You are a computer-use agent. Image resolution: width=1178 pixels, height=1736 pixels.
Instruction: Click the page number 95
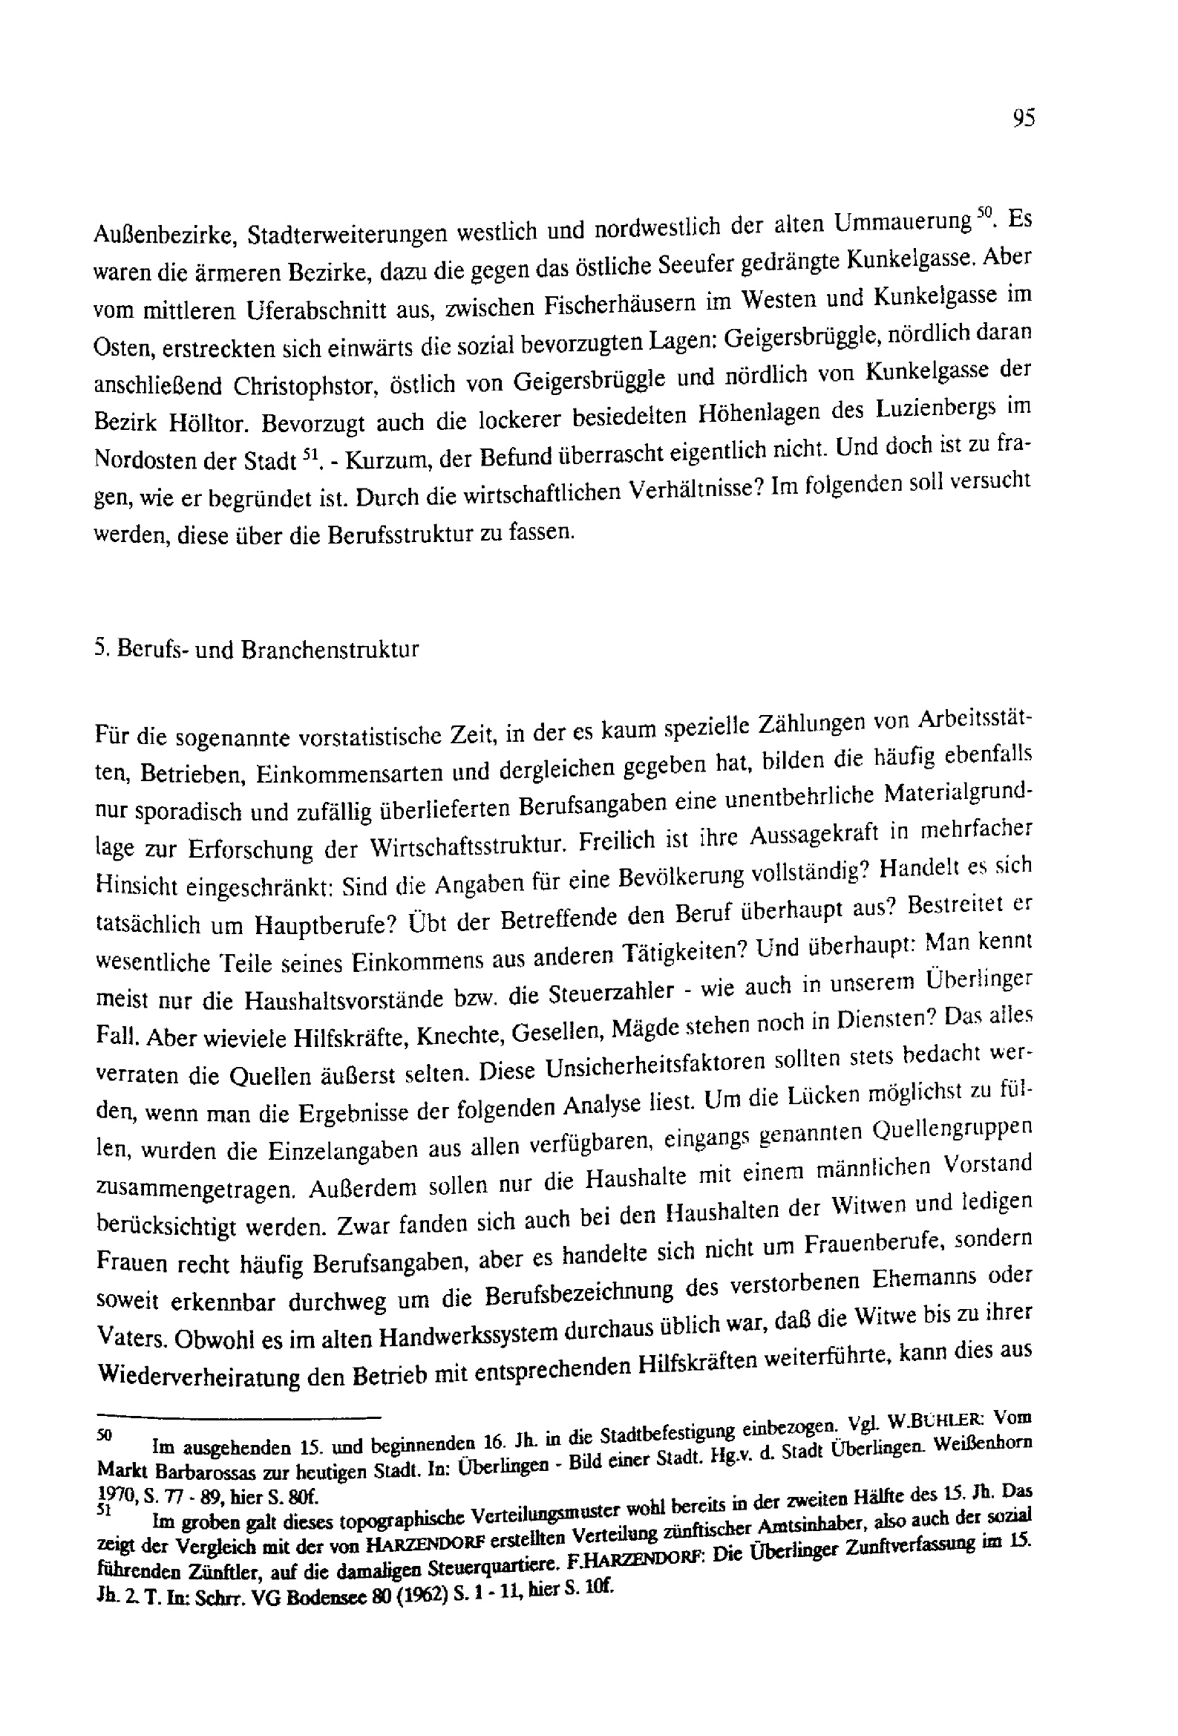point(1023,118)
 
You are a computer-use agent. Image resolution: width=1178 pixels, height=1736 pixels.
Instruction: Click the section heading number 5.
point(102,647)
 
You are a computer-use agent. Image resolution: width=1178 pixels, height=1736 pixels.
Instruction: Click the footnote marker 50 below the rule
point(104,1436)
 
